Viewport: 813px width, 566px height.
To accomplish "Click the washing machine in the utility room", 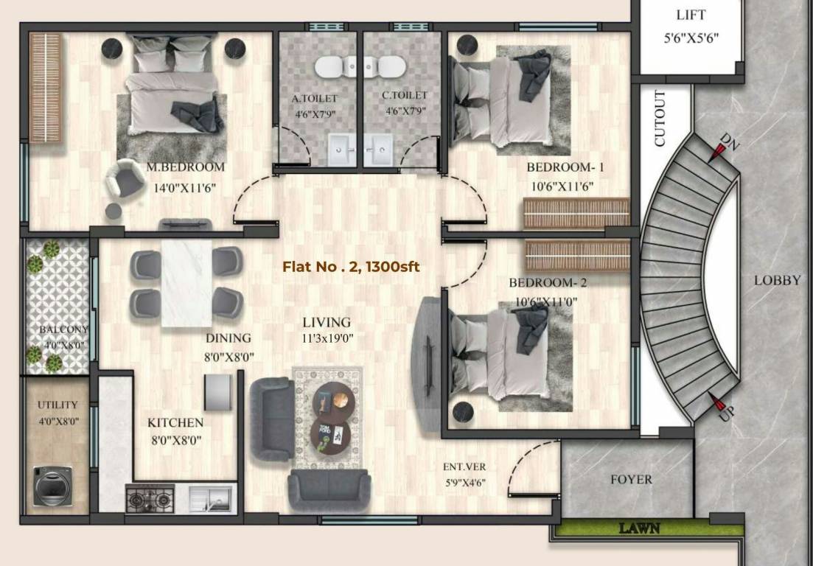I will coord(53,486).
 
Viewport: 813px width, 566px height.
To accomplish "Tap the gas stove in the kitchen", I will coord(150,500).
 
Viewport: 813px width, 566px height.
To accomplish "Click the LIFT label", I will coord(691,15).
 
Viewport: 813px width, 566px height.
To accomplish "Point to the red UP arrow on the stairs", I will coord(716,402).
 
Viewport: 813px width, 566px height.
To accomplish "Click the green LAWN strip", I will coord(638,528).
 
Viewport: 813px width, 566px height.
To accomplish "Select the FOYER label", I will coord(631,480).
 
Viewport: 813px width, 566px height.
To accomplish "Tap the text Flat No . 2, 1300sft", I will coord(351,267).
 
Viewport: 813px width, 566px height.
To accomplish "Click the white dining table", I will coord(186,284).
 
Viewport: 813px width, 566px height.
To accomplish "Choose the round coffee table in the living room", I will coord(333,402).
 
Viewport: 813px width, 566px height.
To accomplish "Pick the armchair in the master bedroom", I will coord(125,181).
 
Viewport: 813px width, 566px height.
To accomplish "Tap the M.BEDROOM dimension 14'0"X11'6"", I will coord(185,187).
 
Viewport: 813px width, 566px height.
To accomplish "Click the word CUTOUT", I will coord(660,118).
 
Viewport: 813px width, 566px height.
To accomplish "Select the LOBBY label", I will coord(776,281).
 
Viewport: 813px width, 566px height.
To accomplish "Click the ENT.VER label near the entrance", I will coord(464,467).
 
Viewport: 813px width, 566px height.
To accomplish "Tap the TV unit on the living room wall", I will coord(427,365).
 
